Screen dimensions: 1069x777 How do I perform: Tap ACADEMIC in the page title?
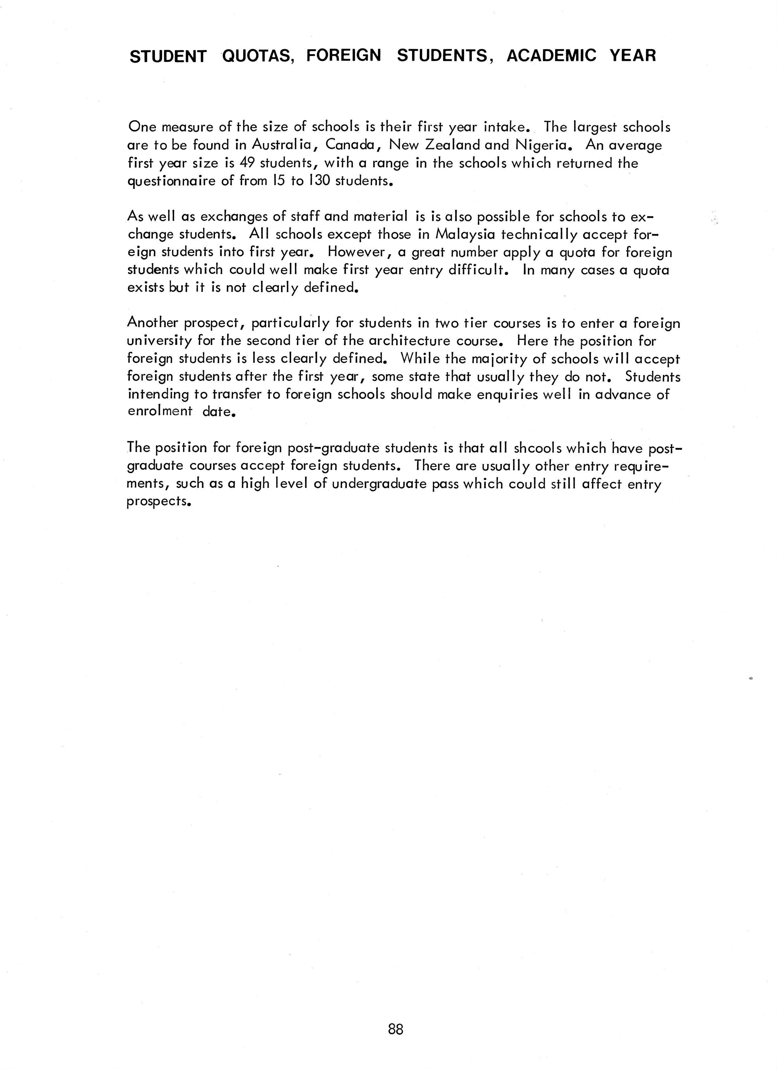tap(551, 56)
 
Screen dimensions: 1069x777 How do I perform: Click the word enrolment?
tap(160, 411)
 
